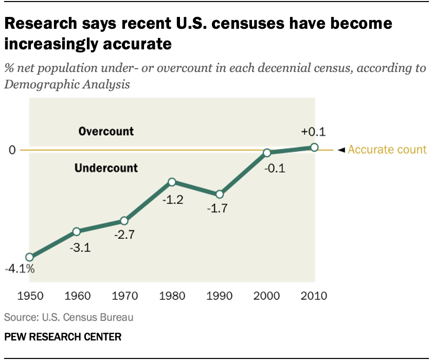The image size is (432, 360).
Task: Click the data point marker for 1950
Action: (29, 257)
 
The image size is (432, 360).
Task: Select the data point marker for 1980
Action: (172, 182)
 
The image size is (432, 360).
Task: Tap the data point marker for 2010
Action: (315, 148)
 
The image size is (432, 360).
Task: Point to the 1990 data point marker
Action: (220, 194)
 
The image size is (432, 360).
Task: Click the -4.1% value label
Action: (20, 268)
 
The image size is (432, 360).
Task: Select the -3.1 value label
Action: (80, 248)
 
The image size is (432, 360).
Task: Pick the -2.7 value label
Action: (123, 238)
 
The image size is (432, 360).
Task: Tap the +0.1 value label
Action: (314, 132)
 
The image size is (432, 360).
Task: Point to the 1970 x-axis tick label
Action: (123, 296)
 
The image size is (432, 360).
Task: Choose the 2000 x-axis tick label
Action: (267, 296)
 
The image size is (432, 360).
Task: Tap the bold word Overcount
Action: (106, 131)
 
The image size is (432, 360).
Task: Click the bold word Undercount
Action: (106, 168)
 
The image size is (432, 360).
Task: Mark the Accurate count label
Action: (387, 150)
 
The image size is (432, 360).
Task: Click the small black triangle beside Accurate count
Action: (340, 150)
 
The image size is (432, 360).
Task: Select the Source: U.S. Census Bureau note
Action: (69, 317)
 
